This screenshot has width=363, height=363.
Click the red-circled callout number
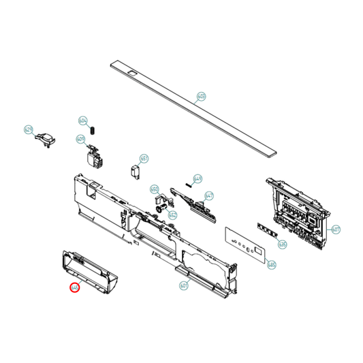(x=75, y=288)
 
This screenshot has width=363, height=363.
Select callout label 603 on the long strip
(x=201, y=96)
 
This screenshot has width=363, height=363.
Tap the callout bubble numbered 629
(x=29, y=129)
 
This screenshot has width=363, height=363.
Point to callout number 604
(x=83, y=121)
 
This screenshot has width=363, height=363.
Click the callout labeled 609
(x=80, y=140)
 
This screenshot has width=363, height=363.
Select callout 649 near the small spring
(x=198, y=179)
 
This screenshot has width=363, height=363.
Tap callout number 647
(x=209, y=195)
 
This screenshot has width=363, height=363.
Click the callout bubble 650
(x=154, y=189)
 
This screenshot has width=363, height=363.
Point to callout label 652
(x=173, y=215)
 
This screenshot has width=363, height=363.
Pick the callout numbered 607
(x=336, y=230)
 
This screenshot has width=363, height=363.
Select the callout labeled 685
(x=272, y=264)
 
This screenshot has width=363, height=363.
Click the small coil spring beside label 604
(x=95, y=130)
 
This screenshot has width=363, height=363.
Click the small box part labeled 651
(x=135, y=170)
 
